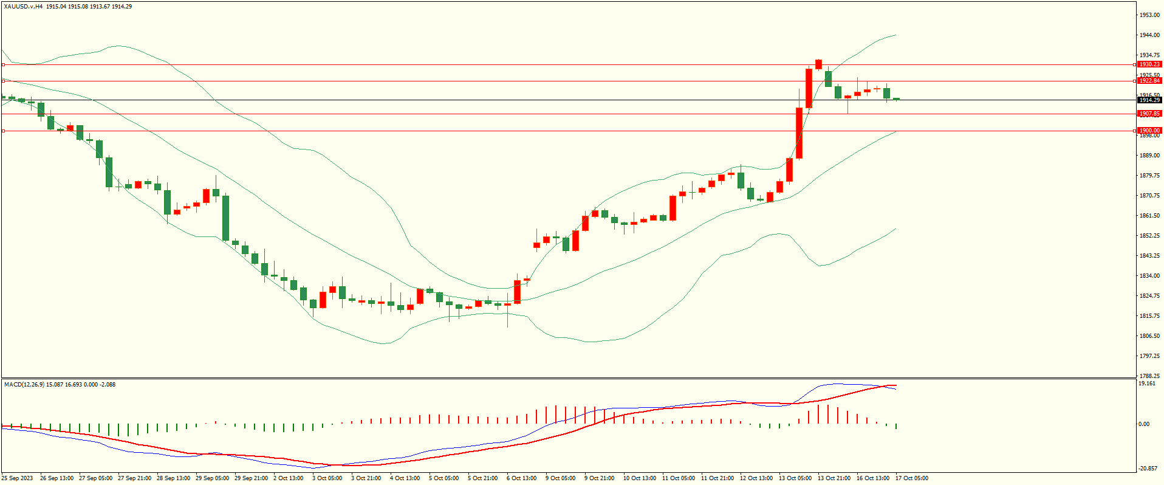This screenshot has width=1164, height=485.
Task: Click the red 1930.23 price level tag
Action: [1149, 64]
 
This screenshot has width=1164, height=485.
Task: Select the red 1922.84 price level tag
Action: [1149, 81]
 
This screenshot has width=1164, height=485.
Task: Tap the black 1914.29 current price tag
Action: [1149, 100]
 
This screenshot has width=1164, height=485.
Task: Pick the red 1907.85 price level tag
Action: [1149, 114]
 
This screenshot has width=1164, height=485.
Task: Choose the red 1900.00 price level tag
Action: [1149, 131]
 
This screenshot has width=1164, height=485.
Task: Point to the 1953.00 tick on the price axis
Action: [1149, 15]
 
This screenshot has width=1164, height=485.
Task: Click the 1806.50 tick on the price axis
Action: [1149, 336]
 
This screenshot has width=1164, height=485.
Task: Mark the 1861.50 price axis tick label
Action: [1149, 216]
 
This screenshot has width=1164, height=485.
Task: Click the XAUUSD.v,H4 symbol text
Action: [23, 7]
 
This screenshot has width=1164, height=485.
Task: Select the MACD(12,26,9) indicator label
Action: [24, 385]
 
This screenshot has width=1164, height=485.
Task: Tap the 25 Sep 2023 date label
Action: [17, 478]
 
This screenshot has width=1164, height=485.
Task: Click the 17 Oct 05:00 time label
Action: [911, 478]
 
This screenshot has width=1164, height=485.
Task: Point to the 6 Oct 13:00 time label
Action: [521, 478]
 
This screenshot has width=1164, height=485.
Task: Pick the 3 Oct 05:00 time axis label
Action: [327, 478]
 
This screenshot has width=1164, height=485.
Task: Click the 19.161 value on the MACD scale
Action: [1146, 384]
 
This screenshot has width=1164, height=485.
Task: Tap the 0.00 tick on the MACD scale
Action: [1143, 424]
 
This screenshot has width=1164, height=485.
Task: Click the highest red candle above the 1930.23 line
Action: [818, 64]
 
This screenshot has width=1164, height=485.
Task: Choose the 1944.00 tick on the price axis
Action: [1149, 35]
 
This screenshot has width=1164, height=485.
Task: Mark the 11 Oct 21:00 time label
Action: [717, 478]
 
